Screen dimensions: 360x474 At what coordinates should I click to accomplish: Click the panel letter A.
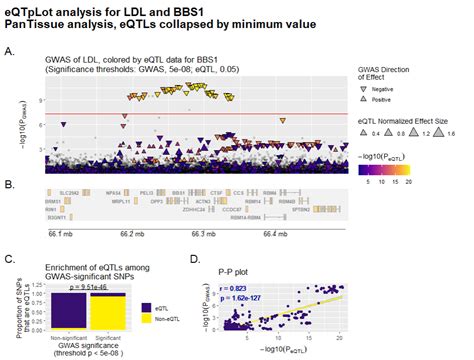pos(9,49)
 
